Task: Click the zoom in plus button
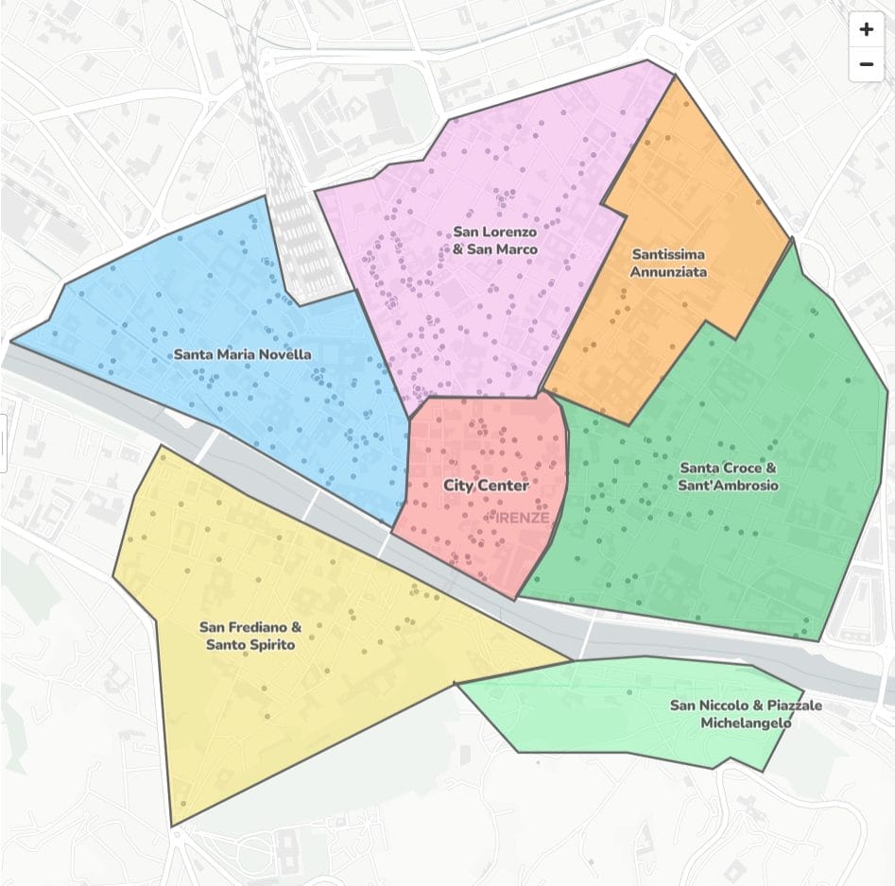coord(866,29)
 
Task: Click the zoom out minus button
coord(866,64)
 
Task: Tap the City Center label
coord(486,485)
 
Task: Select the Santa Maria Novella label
coord(242,354)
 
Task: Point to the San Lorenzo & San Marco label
coord(494,240)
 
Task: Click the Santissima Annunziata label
coord(668,263)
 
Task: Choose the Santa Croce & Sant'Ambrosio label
coord(728,476)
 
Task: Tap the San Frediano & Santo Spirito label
coord(250,635)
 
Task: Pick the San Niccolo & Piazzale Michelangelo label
coord(746,714)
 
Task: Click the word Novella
coord(284,354)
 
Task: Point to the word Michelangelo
coord(746,724)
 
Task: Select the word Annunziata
coord(668,272)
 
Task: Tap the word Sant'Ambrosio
coord(728,486)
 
